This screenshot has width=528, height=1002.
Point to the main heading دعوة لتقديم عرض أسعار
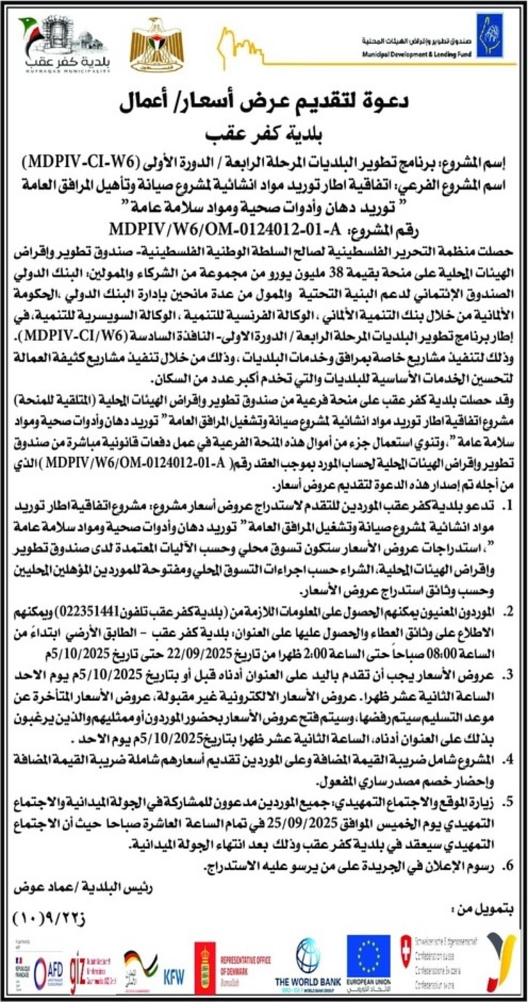pos(263,106)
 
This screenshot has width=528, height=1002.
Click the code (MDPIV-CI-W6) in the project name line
pos(73,160)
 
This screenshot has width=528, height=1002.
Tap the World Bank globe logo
pos(308,956)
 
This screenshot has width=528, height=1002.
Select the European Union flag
pos(368,956)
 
